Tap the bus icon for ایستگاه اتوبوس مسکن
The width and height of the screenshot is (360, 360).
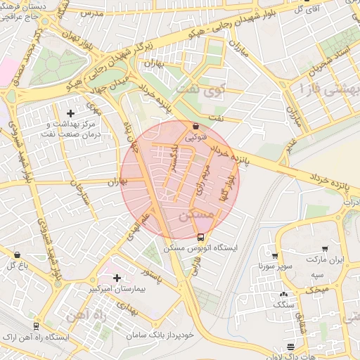201,237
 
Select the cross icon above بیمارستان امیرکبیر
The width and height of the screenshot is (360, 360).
117,278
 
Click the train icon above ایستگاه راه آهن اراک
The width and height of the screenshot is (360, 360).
37,327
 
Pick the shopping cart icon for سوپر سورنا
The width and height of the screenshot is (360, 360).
275,256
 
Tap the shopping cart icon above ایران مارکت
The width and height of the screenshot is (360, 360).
325,249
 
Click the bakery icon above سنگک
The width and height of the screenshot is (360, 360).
283,295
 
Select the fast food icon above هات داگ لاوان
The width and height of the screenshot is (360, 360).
291,347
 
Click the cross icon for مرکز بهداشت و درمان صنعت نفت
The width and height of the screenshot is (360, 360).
70,113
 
